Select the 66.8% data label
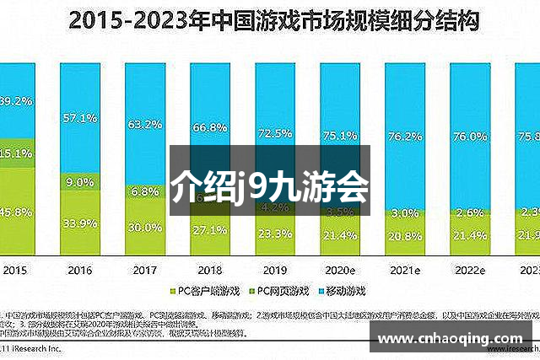(209, 128)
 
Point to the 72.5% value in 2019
(275, 134)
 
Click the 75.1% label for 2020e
(340, 135)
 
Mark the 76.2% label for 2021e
(406, 137)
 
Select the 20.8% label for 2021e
(406, 236)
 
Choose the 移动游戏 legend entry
(346, 291)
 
